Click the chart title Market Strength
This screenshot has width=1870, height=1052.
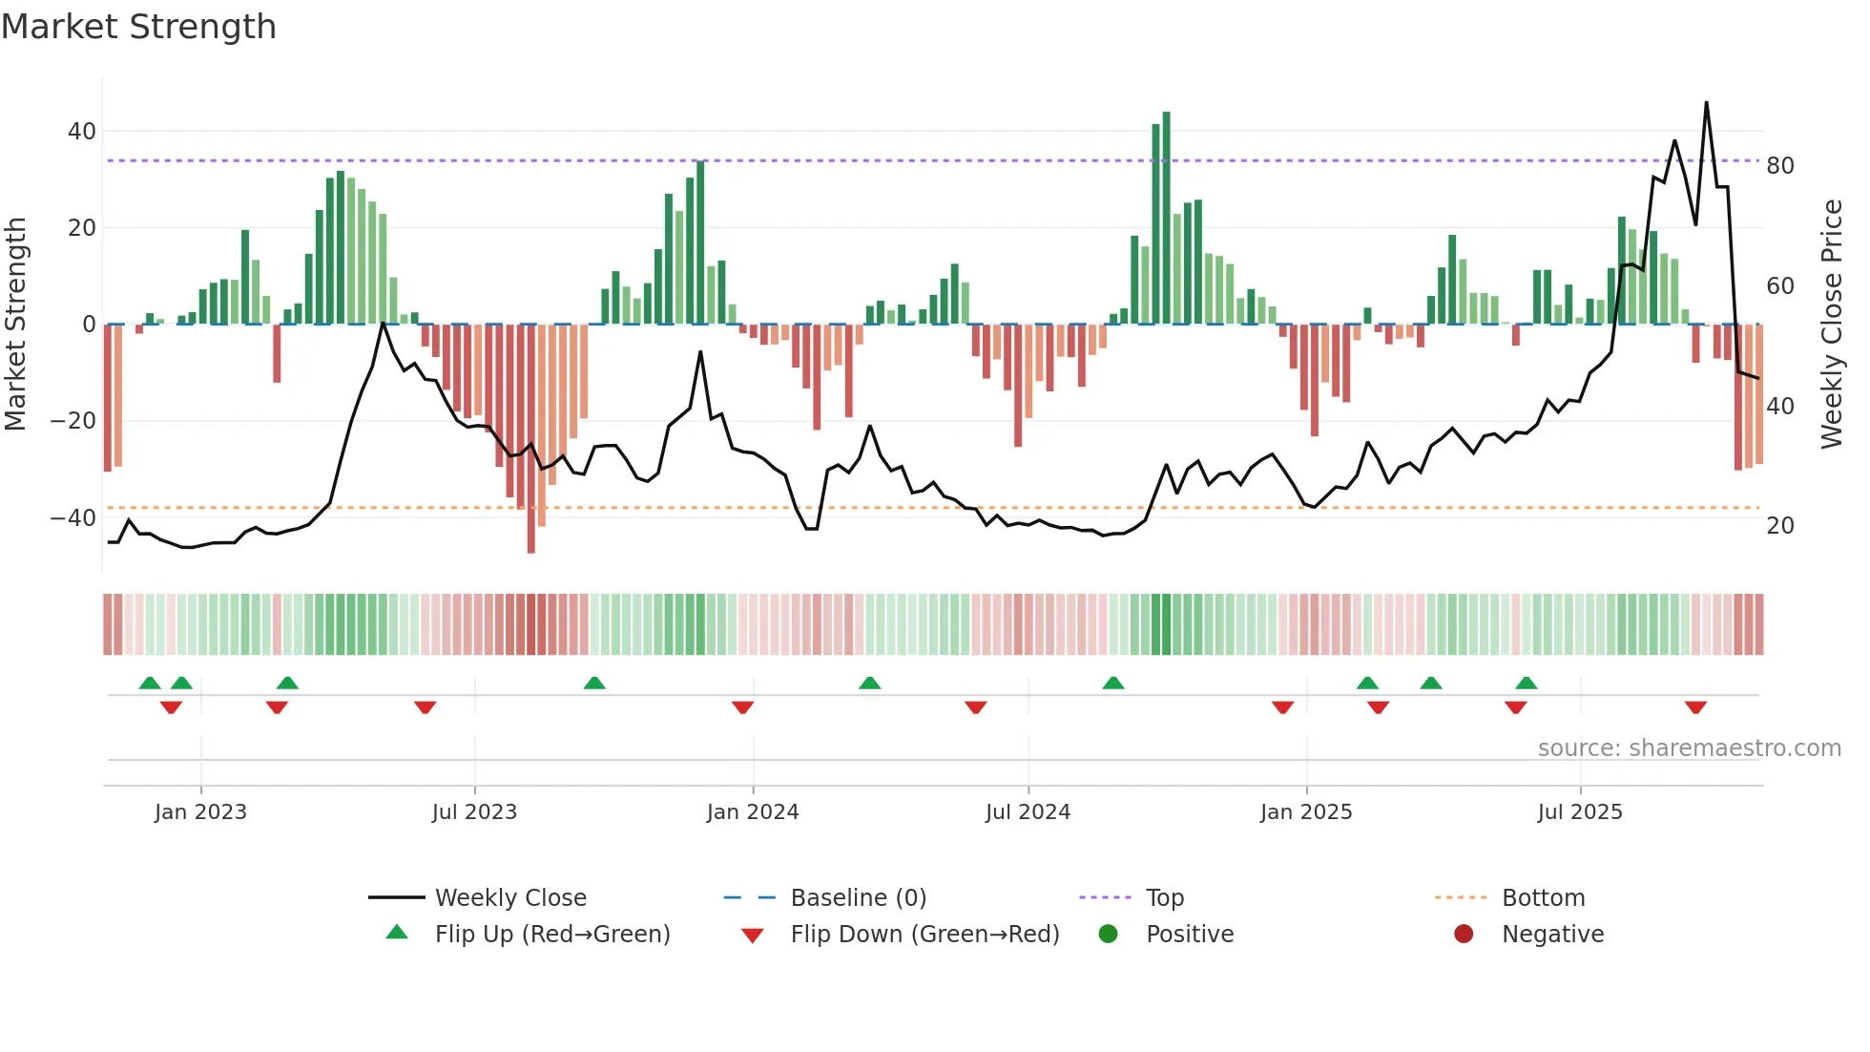point(138,27)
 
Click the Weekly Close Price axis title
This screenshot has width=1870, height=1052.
point(1832,325)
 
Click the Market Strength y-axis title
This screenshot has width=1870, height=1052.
point(15,325)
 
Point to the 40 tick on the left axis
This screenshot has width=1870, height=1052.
point(82,132)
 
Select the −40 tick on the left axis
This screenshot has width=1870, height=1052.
point(73,518)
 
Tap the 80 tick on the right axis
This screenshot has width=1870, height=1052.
point(1780,166)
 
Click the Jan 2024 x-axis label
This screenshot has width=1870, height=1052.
point(753,812)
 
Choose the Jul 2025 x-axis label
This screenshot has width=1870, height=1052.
point(1580,812)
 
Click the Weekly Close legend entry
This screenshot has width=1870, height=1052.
point(510,898)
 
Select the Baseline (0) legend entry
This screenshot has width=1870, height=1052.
point(858,898)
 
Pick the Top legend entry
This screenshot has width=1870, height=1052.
point(1165,898)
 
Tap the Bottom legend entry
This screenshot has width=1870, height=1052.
point(1543,898)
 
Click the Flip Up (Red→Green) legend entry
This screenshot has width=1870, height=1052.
point(552,935)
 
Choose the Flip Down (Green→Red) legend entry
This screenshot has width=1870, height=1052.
point(925,935)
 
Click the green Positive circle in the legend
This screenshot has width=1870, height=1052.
point(1108,934)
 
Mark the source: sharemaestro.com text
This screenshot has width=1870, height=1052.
point(1689,748)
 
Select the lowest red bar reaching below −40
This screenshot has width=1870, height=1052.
point(531,439)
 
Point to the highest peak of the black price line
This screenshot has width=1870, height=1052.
point(1706,103)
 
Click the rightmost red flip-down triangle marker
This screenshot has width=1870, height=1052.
point(1695,707)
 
